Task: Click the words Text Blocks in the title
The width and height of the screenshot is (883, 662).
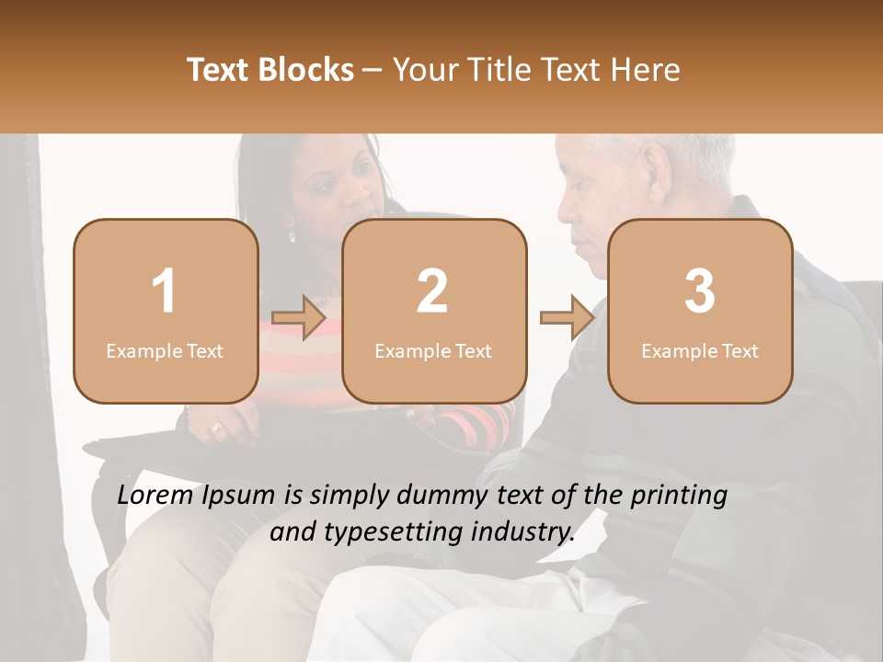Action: [270, 70]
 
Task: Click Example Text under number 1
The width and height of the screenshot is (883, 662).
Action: [165, 351]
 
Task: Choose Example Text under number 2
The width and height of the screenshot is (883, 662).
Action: [433, 351]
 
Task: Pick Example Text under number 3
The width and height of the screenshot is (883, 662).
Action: [700, 351]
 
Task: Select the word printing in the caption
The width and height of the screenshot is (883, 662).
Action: [678, 496]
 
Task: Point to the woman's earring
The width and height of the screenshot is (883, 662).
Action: [292, 235]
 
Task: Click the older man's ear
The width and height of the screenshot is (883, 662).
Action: [658, 169]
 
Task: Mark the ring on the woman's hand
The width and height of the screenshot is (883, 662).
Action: [217, 428]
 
